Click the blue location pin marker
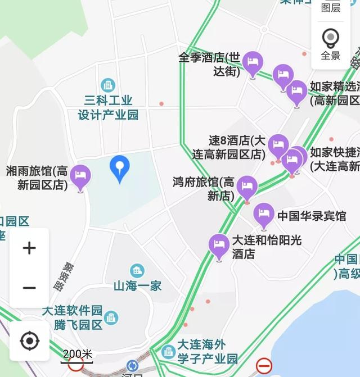click(x=119, y=168)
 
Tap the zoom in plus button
click(x=29, y=248)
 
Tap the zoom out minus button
click(x=29, y=288)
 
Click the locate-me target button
click(x=29, y=340)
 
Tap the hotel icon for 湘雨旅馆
click(x=80, y=176)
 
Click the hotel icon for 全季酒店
click(x=253, y=63)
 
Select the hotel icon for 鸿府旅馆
click(x=247, y=187)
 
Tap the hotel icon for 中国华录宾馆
click(x=263, y=215)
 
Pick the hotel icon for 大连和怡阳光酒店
click(x=219, y=245)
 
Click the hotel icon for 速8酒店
click(x=278, y=146)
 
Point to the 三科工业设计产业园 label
click(x=108, y=108)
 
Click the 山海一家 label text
click(x=137, y=286)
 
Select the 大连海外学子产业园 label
click(x=207, y=351)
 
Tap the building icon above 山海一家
click(x=137, y=271)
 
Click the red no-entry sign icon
click(x=264, y=366)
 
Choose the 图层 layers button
click(x=331, y=7)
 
